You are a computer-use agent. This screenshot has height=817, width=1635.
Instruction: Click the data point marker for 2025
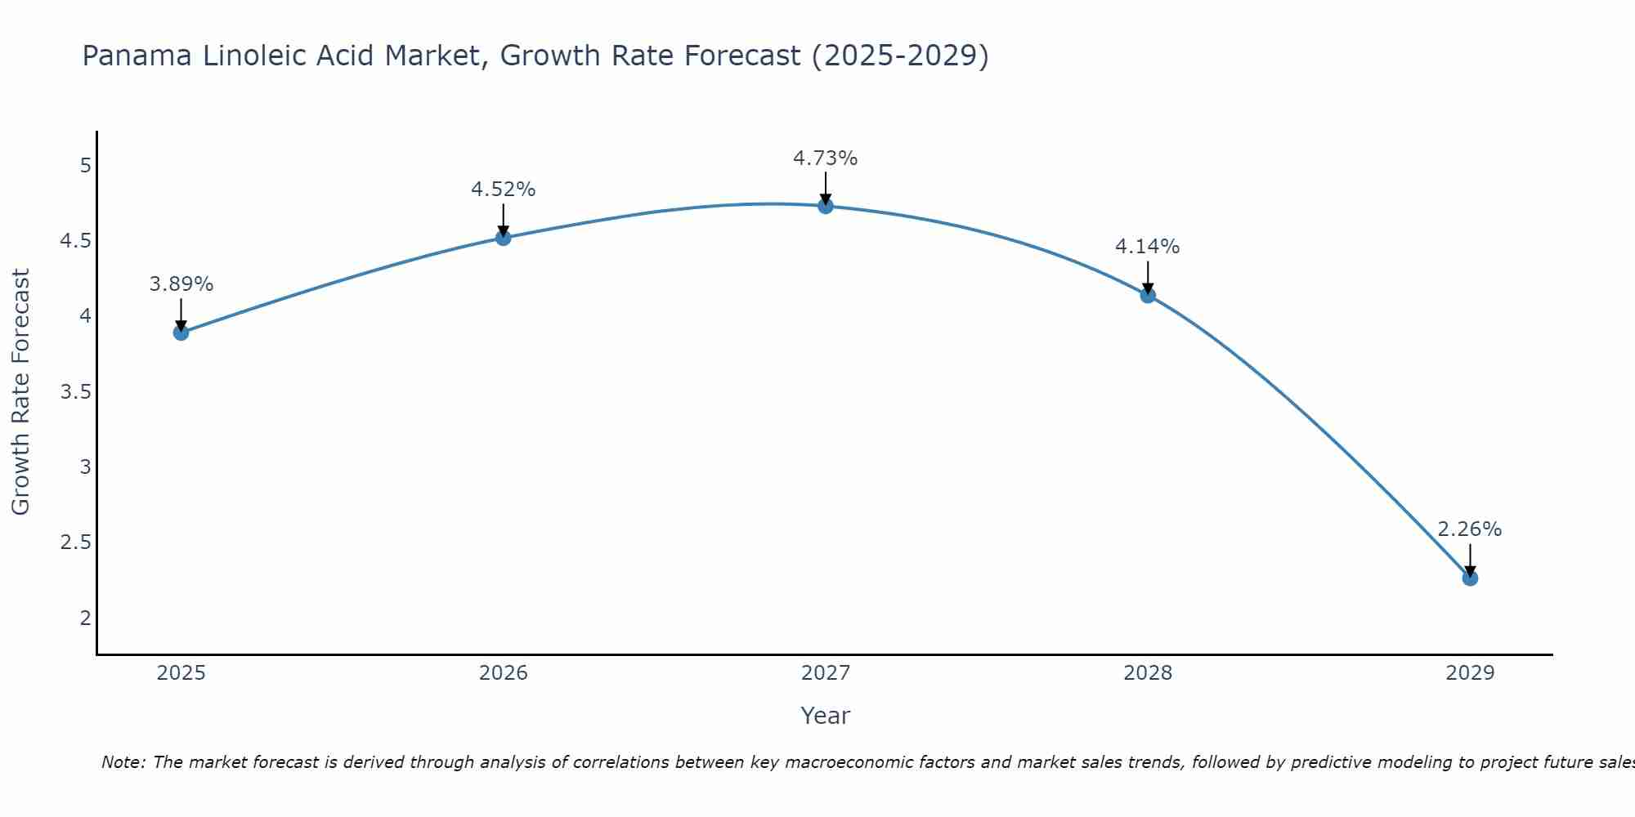(181, 333)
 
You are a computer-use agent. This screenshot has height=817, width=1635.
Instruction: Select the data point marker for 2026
(504, 238)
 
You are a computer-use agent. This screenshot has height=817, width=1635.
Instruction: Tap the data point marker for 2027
(826, 206)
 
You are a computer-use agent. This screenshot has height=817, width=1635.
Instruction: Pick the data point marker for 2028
(1148, 295)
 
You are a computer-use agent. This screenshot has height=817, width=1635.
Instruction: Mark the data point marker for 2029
(1470, 578)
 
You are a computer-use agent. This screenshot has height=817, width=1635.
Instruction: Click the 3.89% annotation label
(181, 284)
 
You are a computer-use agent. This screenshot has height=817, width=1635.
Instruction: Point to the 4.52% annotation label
(504, 190)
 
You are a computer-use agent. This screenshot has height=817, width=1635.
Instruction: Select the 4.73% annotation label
(826, 158)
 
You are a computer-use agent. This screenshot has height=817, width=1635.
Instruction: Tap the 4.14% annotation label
(1148, 247)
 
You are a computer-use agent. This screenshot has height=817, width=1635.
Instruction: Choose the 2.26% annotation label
(1470, 529)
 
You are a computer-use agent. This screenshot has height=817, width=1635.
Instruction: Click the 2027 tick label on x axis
(826, 673)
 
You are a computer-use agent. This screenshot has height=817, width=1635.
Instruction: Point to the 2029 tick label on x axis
(1470, 673)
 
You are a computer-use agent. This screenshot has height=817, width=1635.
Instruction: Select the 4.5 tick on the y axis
(75, 241)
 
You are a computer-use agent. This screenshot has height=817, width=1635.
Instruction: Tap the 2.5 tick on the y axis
(75, 542)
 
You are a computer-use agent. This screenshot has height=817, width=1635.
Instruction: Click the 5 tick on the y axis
(85, 166)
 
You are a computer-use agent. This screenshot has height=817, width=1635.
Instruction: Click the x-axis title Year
(826, 716)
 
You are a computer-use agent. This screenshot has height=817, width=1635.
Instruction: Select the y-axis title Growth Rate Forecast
(20, 392)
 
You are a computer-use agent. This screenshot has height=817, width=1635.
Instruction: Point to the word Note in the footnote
(123, 762)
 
